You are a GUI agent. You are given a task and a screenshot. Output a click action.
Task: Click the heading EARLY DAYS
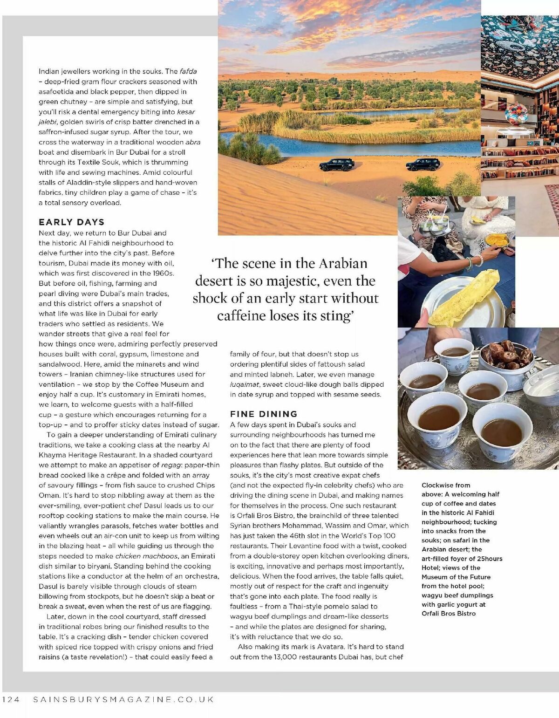pyautogui.click(x=72, y=222)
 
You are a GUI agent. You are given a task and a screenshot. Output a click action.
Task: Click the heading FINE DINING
pyautogui.click(x=264, y=414)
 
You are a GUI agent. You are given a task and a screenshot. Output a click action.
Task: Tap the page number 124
pyautogui.click(x=11, y=699)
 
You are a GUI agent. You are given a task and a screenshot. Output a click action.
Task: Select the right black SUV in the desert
pyautogui.click(x=423, y=164)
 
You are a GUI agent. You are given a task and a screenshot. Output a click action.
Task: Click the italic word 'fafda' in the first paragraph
pyautogui.click(x=188, y=71)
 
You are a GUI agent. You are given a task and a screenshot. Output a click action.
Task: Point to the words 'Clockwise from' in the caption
pyautogui.click(x=446, y=485)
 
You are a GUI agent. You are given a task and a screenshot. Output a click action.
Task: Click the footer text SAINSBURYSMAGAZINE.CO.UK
pyautogui.click(x=124, y=699)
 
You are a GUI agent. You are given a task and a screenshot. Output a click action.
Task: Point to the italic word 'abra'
pyautogui.click(x=193, y=142)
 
